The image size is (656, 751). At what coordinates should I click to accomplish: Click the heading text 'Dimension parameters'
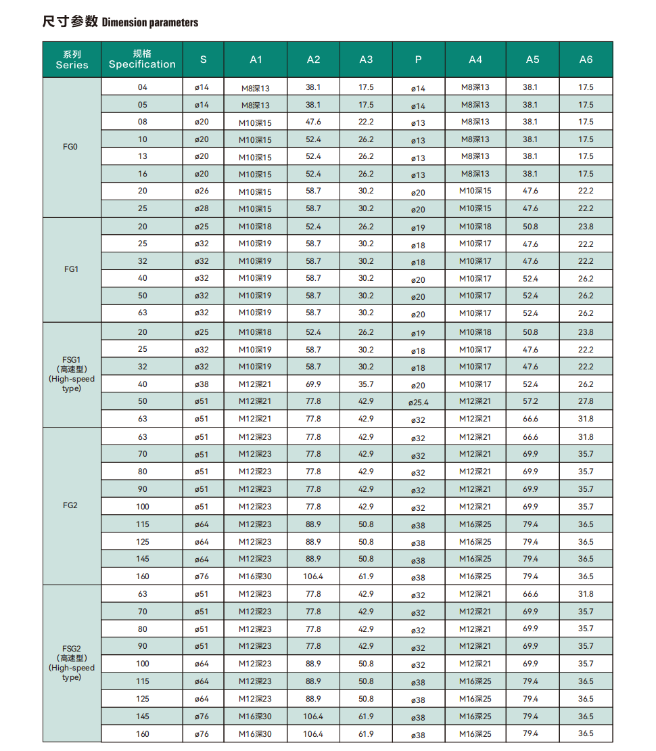coord(149,22)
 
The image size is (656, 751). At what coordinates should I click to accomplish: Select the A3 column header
coord(366,60)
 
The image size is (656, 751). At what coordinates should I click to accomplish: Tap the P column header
coord(419,60)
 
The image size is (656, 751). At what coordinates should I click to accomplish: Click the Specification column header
coord(142,60)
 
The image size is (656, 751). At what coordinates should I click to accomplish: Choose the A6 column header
coord(586,60)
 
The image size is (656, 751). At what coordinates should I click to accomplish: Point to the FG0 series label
coord(71,147)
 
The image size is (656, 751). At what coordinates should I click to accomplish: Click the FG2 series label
coord(71,505)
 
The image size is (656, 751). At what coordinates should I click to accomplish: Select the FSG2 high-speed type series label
coord(71,662)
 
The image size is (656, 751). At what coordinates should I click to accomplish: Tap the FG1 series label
coord(71,269)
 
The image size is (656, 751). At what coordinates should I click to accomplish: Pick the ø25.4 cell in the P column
coord(419,403)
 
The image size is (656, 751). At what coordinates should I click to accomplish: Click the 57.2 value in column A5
coord(531,401)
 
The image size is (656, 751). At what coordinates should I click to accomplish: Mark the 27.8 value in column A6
coord(586,401)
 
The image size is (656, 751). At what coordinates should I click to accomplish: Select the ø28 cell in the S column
coord(202,208)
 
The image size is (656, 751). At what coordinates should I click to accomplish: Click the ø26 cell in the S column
coord(202,191)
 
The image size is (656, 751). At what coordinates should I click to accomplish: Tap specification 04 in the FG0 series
coord(142,87)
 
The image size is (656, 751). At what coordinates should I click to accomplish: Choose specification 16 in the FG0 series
coord(142,174)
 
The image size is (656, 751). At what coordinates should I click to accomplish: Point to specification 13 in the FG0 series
coord(142,156)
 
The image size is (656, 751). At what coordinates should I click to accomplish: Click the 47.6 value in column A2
coord(313,122)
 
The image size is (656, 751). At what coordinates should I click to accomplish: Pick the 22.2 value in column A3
coord(366,122)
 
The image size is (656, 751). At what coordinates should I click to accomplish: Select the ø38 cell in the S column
coord(202,384)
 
